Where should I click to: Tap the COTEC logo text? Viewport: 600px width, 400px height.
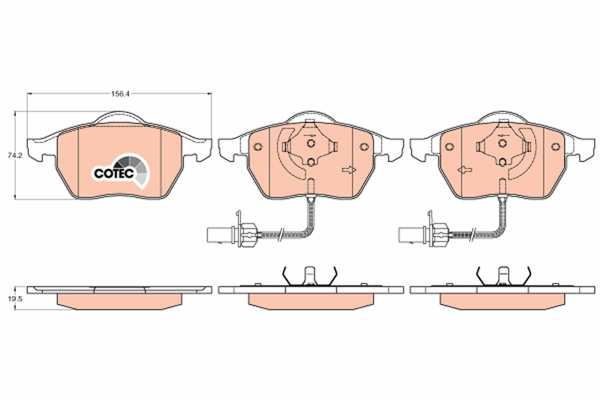(113, 173)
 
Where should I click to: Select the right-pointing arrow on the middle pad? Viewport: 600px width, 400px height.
(349, 170)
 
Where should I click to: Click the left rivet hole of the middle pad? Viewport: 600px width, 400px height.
(258, 146)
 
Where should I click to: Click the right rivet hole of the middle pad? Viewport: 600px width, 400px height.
(364, 146)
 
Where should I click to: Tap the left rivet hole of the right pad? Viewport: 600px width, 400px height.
(449, 146)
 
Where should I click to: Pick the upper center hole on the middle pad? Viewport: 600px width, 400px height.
(311, 143)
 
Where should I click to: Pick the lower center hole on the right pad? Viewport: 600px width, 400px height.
(502, 161)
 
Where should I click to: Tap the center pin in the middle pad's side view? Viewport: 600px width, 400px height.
(310, 276)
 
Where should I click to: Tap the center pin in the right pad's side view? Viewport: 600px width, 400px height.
(502, 276)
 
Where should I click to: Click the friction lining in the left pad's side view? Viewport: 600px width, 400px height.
(119, 300)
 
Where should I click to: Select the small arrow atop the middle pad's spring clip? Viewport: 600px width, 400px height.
(310, 135)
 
